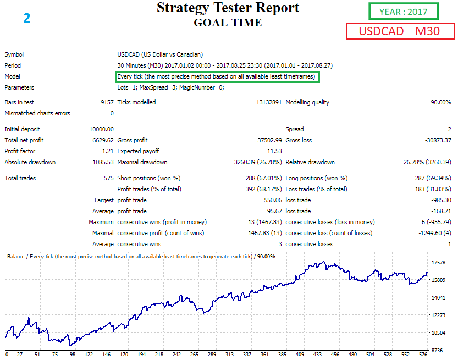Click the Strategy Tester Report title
pos(228,8)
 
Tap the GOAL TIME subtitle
pos(228,23)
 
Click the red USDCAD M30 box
pos(400,31)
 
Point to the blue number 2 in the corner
pos(27,18)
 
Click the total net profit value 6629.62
pos(102,140)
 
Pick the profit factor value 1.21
pos(108,151)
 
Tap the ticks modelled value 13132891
pos(269,102)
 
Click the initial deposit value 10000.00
pos(101,129)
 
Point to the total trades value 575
pos(108,178)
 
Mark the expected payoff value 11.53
pos(274,151)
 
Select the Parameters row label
pos(19,87)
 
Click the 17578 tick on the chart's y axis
pos(439,263)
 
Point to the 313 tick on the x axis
pos(229,355)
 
